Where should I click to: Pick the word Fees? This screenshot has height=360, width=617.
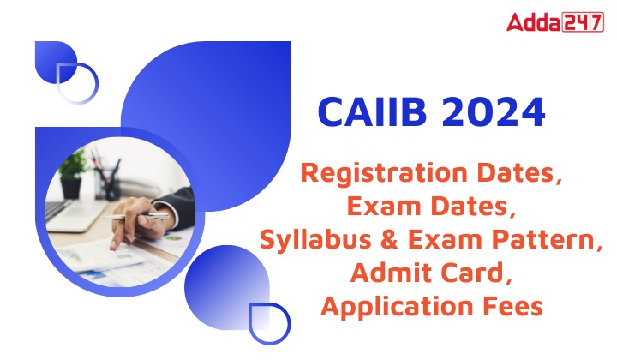pyautogui.click(x=511, y=306)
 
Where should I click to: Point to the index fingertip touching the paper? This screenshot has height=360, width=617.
pyautogui.click(x=116, y=243)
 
